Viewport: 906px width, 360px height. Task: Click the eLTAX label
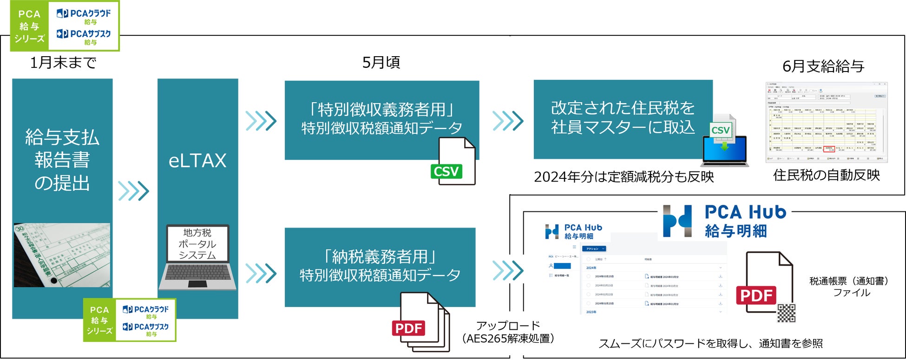(197, 161)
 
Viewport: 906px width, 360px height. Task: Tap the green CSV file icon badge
(446, 171)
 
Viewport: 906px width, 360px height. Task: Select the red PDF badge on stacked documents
(408, 328)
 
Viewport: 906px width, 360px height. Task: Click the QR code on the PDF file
(787, 313)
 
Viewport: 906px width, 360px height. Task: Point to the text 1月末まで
(63, 62)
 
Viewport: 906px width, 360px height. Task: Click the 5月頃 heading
(381, 62)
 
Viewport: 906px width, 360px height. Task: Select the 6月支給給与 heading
(823, 66)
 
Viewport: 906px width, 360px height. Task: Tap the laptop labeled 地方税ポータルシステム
(197, 258)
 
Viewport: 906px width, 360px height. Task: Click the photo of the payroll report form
(62, 255)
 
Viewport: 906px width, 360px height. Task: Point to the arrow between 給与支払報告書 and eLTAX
(134, 190)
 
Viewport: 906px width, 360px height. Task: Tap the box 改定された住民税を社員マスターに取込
(623, 118)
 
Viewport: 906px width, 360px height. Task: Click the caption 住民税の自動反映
(827, 175)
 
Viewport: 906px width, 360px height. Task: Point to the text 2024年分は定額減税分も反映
(624, 177)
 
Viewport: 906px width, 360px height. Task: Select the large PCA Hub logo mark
(677, 221)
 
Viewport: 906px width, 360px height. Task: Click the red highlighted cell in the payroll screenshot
(829, 149)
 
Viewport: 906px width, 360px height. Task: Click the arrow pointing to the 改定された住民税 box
(508, 121)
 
